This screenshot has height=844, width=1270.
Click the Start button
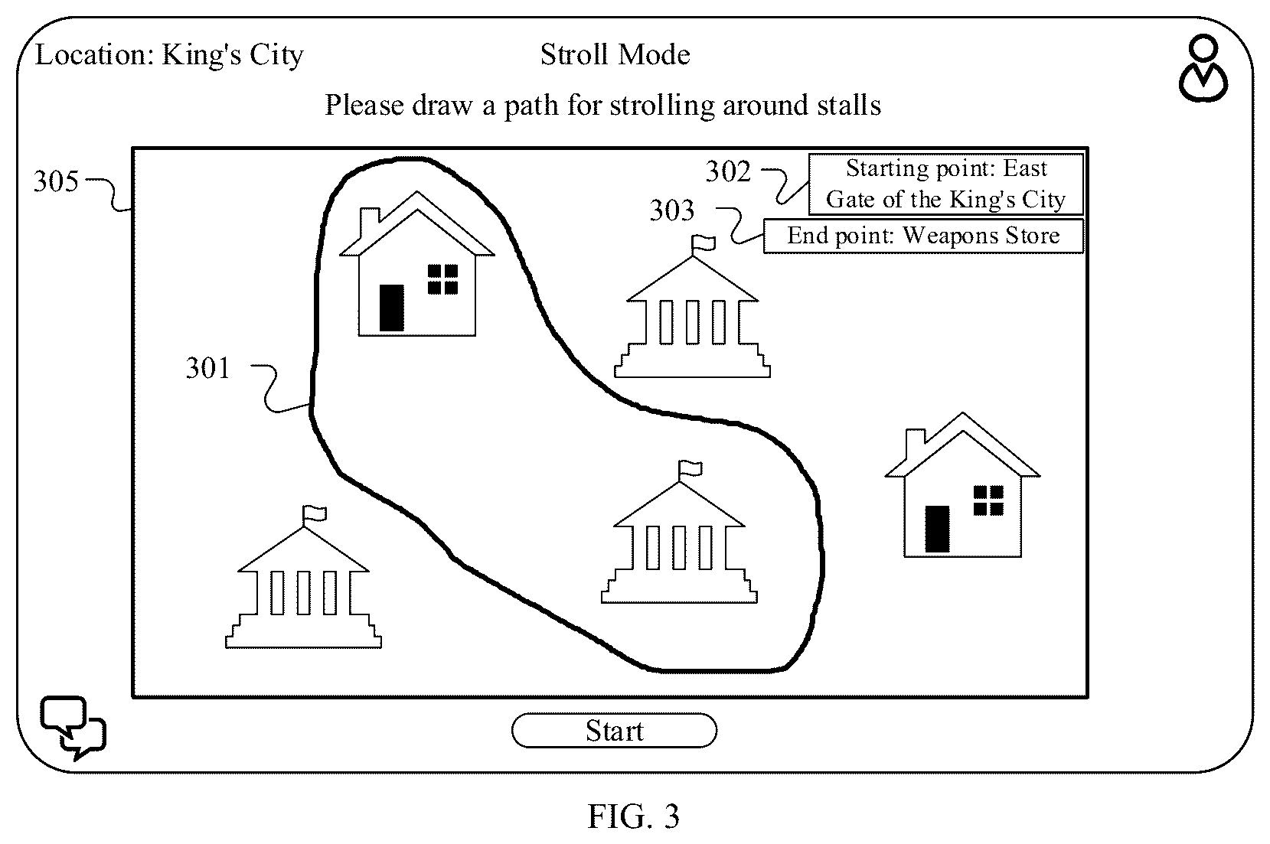[614, 730]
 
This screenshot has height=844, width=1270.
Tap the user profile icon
[1203, 68]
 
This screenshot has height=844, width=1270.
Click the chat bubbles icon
[73, 727]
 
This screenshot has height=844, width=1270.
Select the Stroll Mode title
[615, 55]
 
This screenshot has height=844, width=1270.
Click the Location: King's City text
[169, 56]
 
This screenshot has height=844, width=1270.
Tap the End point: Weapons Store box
[923, 236]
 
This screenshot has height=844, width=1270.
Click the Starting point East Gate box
[945, 184]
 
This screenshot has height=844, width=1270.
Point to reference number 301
[208, 368]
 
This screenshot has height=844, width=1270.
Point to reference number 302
[728, 171]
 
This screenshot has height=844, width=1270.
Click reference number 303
[672, 210]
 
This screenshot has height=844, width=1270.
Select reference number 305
[56, 181]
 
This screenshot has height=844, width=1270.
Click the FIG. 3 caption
[633, 816]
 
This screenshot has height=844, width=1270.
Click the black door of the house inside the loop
[391, 308]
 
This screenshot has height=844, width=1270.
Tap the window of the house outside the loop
[988, 500]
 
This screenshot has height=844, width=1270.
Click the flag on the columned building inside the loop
[691, 470]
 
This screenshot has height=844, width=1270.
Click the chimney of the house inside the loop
[370, 224]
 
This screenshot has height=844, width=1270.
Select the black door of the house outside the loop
[937, 529]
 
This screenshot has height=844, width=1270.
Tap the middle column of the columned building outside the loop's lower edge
[304, 593]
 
